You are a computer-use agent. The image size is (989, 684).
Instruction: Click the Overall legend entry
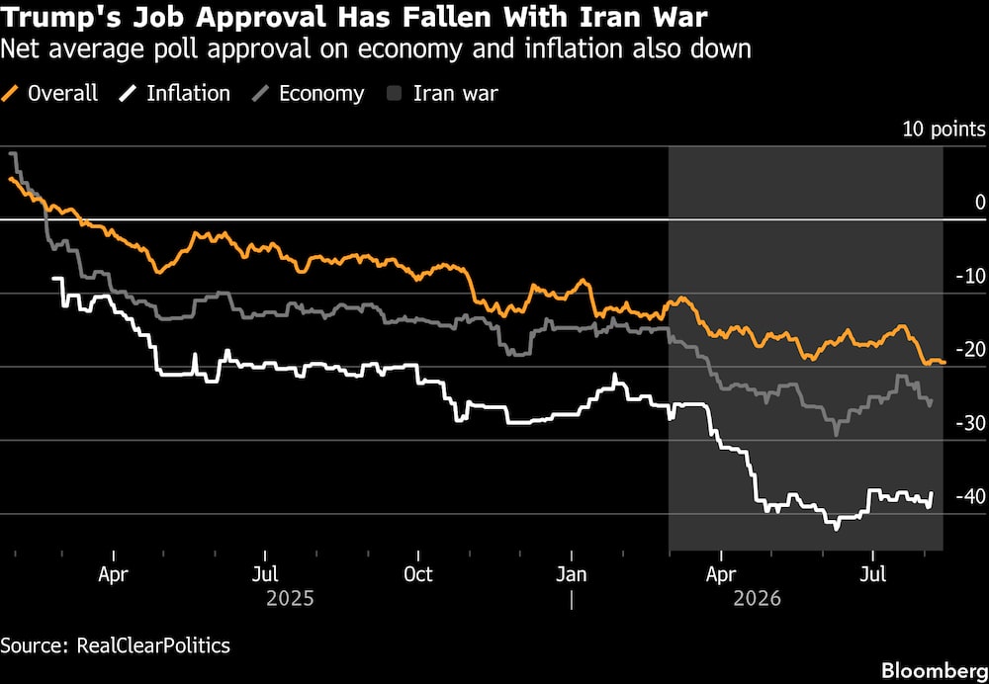pos(49,94)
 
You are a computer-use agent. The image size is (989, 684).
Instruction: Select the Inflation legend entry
pos(175,94)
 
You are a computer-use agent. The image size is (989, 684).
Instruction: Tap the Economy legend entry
pos(308,94)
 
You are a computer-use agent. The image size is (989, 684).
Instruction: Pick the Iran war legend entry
pos(442,94)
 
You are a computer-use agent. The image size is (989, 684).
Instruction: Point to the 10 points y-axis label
pos(944,129)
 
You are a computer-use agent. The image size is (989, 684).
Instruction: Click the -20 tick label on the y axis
pos(969,349)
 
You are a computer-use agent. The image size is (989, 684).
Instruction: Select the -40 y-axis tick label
pos(969,496)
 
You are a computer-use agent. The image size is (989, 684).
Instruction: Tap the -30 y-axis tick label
pos(969,423)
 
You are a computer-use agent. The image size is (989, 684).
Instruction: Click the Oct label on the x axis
pos(418,575)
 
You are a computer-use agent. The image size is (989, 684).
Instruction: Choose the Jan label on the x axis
pos(572,575)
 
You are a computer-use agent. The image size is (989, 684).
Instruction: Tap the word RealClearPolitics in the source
pos(153,646)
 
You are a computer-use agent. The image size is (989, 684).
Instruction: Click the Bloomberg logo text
pos(935,669)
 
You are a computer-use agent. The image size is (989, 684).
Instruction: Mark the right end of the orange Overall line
pos(944,362)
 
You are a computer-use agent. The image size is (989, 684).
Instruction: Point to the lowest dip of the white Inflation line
pos(836,528)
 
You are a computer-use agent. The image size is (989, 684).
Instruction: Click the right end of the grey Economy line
pos(932,400)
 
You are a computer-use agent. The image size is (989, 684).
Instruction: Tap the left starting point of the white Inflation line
pos(54,279)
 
